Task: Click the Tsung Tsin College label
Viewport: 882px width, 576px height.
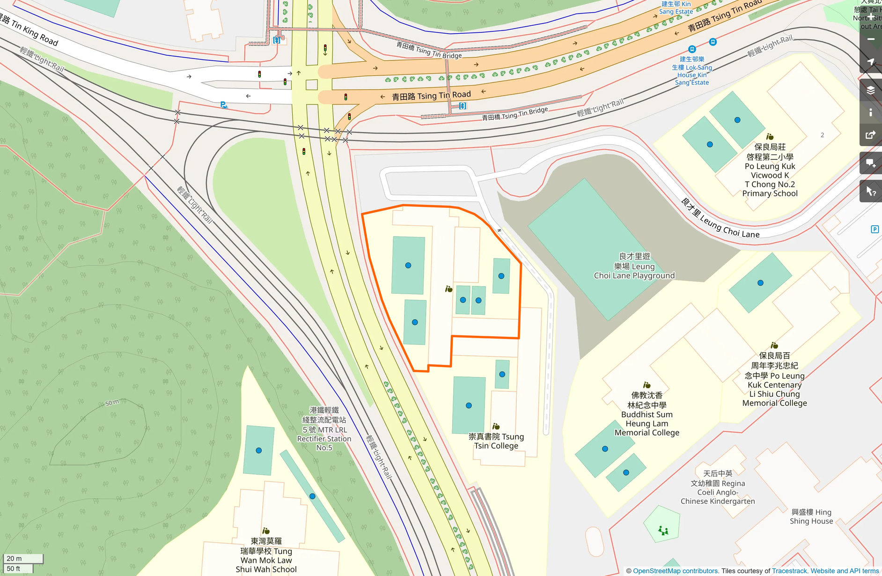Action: [496, 441]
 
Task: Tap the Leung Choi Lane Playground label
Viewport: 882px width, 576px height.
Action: [634, 266]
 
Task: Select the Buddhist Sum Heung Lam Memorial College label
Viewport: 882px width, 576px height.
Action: [647, 414]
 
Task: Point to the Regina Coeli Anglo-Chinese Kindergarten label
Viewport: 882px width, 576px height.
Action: [718, 487]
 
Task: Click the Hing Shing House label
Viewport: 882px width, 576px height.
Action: [811, 517]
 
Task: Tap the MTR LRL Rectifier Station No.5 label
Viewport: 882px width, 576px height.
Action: [324, 429]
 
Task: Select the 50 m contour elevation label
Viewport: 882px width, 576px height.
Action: [112, 403]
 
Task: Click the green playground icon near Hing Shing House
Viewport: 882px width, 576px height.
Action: [663, 530]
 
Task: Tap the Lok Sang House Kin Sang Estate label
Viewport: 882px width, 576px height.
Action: [692, 71]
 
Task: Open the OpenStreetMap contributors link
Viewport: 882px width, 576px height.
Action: [675, 571]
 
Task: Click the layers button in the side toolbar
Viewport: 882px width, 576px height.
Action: [871, 90]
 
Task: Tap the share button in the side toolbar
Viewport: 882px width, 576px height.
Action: [871, 135]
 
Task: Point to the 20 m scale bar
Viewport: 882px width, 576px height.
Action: [23, 559]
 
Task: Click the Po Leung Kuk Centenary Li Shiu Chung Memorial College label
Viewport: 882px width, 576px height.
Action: [774, 380]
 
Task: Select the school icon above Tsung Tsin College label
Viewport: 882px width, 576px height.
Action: [496, 426]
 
